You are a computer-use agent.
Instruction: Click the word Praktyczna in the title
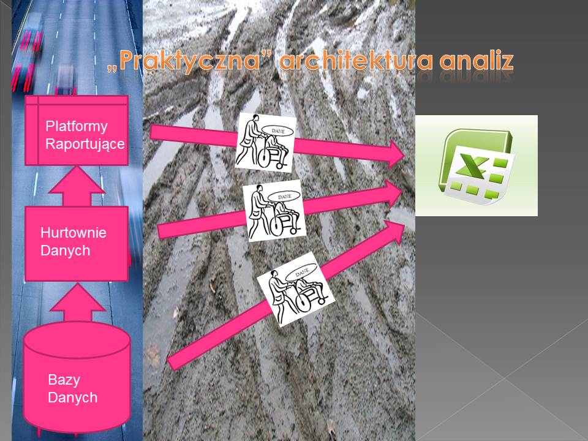coord(190,61)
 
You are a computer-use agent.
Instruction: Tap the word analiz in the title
coord(477,61)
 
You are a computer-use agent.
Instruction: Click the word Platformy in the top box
coord(77,126)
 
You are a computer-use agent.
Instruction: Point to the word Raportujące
coord(85,144)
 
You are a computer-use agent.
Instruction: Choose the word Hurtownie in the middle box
coord(73,233)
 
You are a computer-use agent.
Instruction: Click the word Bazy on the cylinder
coord(64,380)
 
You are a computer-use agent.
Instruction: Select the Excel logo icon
coord(477,166)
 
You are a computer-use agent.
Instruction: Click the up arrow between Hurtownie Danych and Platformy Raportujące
coord(77,186)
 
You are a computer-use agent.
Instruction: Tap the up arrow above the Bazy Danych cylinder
coord(78,303)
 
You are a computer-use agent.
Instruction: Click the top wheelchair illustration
coord(265,143)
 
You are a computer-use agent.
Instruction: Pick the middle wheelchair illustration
coord(274,211)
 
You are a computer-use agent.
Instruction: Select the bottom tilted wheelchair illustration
coord(295,288)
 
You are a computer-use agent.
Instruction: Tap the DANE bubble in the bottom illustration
coord(302,273)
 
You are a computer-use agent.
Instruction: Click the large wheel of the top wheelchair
coord(265,158)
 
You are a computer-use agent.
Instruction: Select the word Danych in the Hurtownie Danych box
coord(66,251)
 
